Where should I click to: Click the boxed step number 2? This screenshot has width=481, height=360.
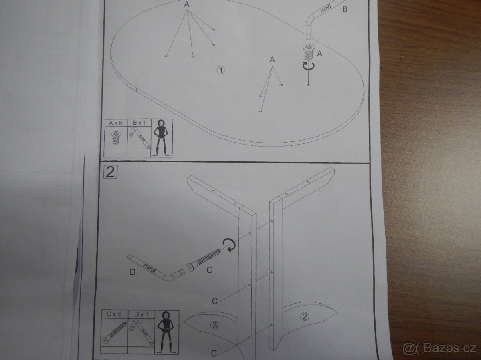pos(110,172)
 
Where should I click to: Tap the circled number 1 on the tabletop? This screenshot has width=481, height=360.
pos(221,70)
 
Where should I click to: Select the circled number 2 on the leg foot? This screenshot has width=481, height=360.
pos(305,316)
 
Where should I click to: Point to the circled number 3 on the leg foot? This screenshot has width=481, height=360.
pos(214,325)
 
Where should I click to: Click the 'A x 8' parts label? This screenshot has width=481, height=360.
pos(115,123)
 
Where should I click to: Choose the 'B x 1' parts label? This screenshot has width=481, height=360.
pos(139,123)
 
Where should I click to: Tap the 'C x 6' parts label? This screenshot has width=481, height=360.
pos(114,314)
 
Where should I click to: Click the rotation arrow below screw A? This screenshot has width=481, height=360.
pos(309,66)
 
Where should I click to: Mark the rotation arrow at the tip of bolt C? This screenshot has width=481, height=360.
pos(229,245)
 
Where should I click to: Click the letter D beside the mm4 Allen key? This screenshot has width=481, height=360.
pos(133,272)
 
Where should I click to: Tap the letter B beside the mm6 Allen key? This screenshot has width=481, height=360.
pos(345,9)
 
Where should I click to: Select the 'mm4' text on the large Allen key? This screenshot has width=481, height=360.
pos(150,268)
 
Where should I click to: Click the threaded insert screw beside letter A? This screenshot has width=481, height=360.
pos(308,52)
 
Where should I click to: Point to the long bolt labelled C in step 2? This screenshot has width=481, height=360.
pos(204,260)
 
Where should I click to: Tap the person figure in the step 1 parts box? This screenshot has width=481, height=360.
pos(162,138)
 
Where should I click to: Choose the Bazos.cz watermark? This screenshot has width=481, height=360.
pos(440,348)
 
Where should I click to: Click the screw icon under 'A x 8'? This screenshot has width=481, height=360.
pos(116,138)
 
